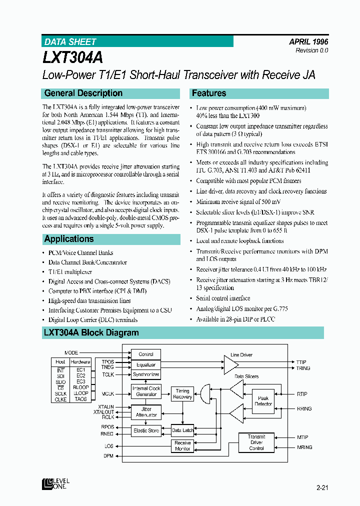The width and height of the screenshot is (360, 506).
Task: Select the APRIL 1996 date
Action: point(308,42)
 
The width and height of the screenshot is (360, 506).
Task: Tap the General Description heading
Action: point(83,93)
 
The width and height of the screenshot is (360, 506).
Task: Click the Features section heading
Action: point(209,93)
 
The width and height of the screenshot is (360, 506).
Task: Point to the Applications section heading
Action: point(69,239)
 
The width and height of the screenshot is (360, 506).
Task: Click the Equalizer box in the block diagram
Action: point(146,364)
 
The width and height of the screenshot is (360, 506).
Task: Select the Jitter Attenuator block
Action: point(146,411)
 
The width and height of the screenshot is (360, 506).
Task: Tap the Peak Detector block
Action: point(263,401)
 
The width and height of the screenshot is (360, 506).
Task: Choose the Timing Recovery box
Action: point(182,393)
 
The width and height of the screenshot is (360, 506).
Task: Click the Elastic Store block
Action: point(146,430)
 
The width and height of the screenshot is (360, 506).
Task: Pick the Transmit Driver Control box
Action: point(256,442)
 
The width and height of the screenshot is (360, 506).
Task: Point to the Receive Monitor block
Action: point(182,445)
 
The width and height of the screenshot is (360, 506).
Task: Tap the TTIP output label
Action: point(301,362)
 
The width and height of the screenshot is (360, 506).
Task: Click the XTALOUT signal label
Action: point(104,412)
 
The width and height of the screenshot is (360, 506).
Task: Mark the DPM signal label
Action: point(108,455)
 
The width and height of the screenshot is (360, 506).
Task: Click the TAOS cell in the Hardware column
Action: point(80,399)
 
